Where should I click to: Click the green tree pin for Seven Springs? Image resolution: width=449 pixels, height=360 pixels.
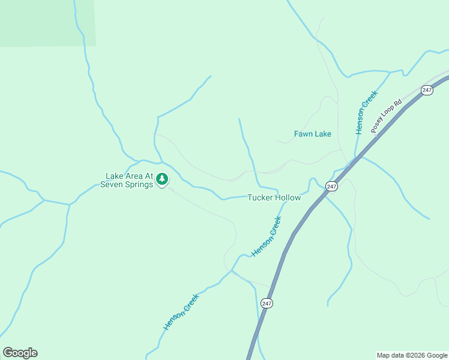162,179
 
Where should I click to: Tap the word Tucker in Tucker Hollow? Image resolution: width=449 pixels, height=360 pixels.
261,197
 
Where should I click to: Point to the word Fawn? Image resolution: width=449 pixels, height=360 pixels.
304,134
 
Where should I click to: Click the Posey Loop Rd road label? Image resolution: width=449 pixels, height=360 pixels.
385,116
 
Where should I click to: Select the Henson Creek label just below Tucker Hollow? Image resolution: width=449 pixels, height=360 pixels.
267,236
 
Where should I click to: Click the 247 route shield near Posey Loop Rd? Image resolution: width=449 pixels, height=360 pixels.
427,90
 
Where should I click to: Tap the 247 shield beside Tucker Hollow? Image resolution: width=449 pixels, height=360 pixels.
332,187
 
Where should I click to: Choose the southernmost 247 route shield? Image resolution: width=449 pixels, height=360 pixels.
267,304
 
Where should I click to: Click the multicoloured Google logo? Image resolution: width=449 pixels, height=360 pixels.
20,353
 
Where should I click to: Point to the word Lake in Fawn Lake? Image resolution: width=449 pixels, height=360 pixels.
324,134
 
